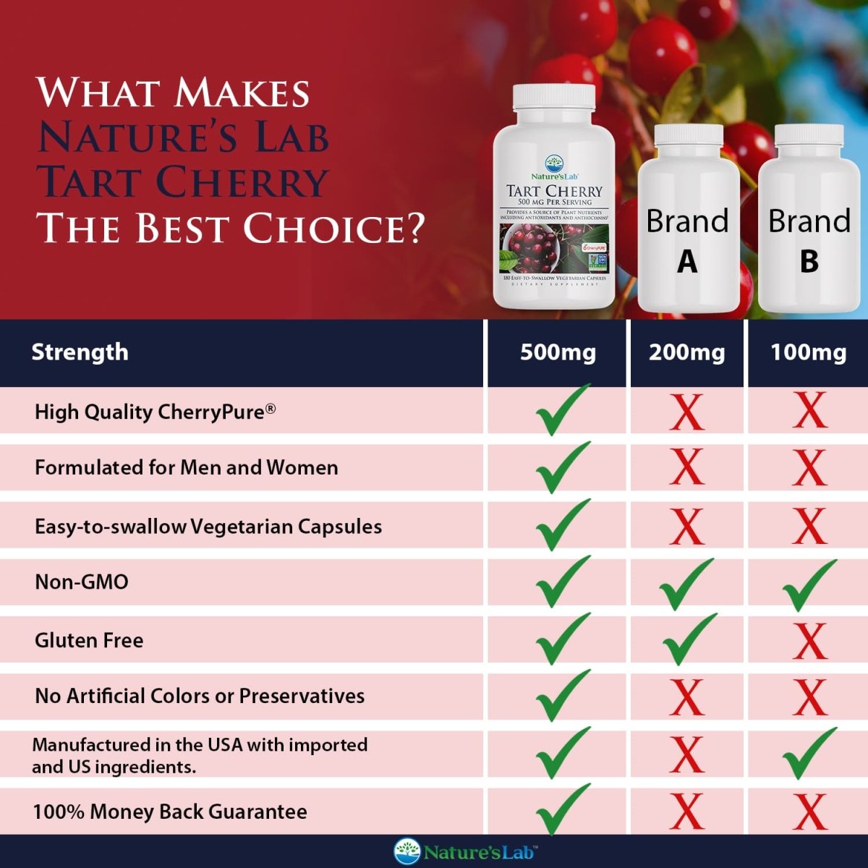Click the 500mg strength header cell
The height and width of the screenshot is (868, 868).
(558, 352)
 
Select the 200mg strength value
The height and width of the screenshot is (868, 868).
(686, 352)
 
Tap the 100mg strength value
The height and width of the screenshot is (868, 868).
(808, 352)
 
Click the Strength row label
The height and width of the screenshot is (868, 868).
(80, 352)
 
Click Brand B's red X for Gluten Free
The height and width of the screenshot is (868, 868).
(809, 641)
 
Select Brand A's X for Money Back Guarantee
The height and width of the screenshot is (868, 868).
(686, 812)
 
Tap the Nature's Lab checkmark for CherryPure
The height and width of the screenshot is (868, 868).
(562, 410)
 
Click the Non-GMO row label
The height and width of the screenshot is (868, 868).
(82, 582)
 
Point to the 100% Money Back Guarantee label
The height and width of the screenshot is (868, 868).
(170, 812)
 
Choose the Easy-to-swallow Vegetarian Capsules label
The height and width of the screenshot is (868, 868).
(208, 526)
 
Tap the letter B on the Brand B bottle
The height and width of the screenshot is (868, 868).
(809, 261)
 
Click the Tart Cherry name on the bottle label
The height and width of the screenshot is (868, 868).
(554, 191)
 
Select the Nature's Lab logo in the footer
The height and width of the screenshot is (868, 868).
(465, 851)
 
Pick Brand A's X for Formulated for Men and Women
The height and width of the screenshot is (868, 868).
(686, 467)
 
